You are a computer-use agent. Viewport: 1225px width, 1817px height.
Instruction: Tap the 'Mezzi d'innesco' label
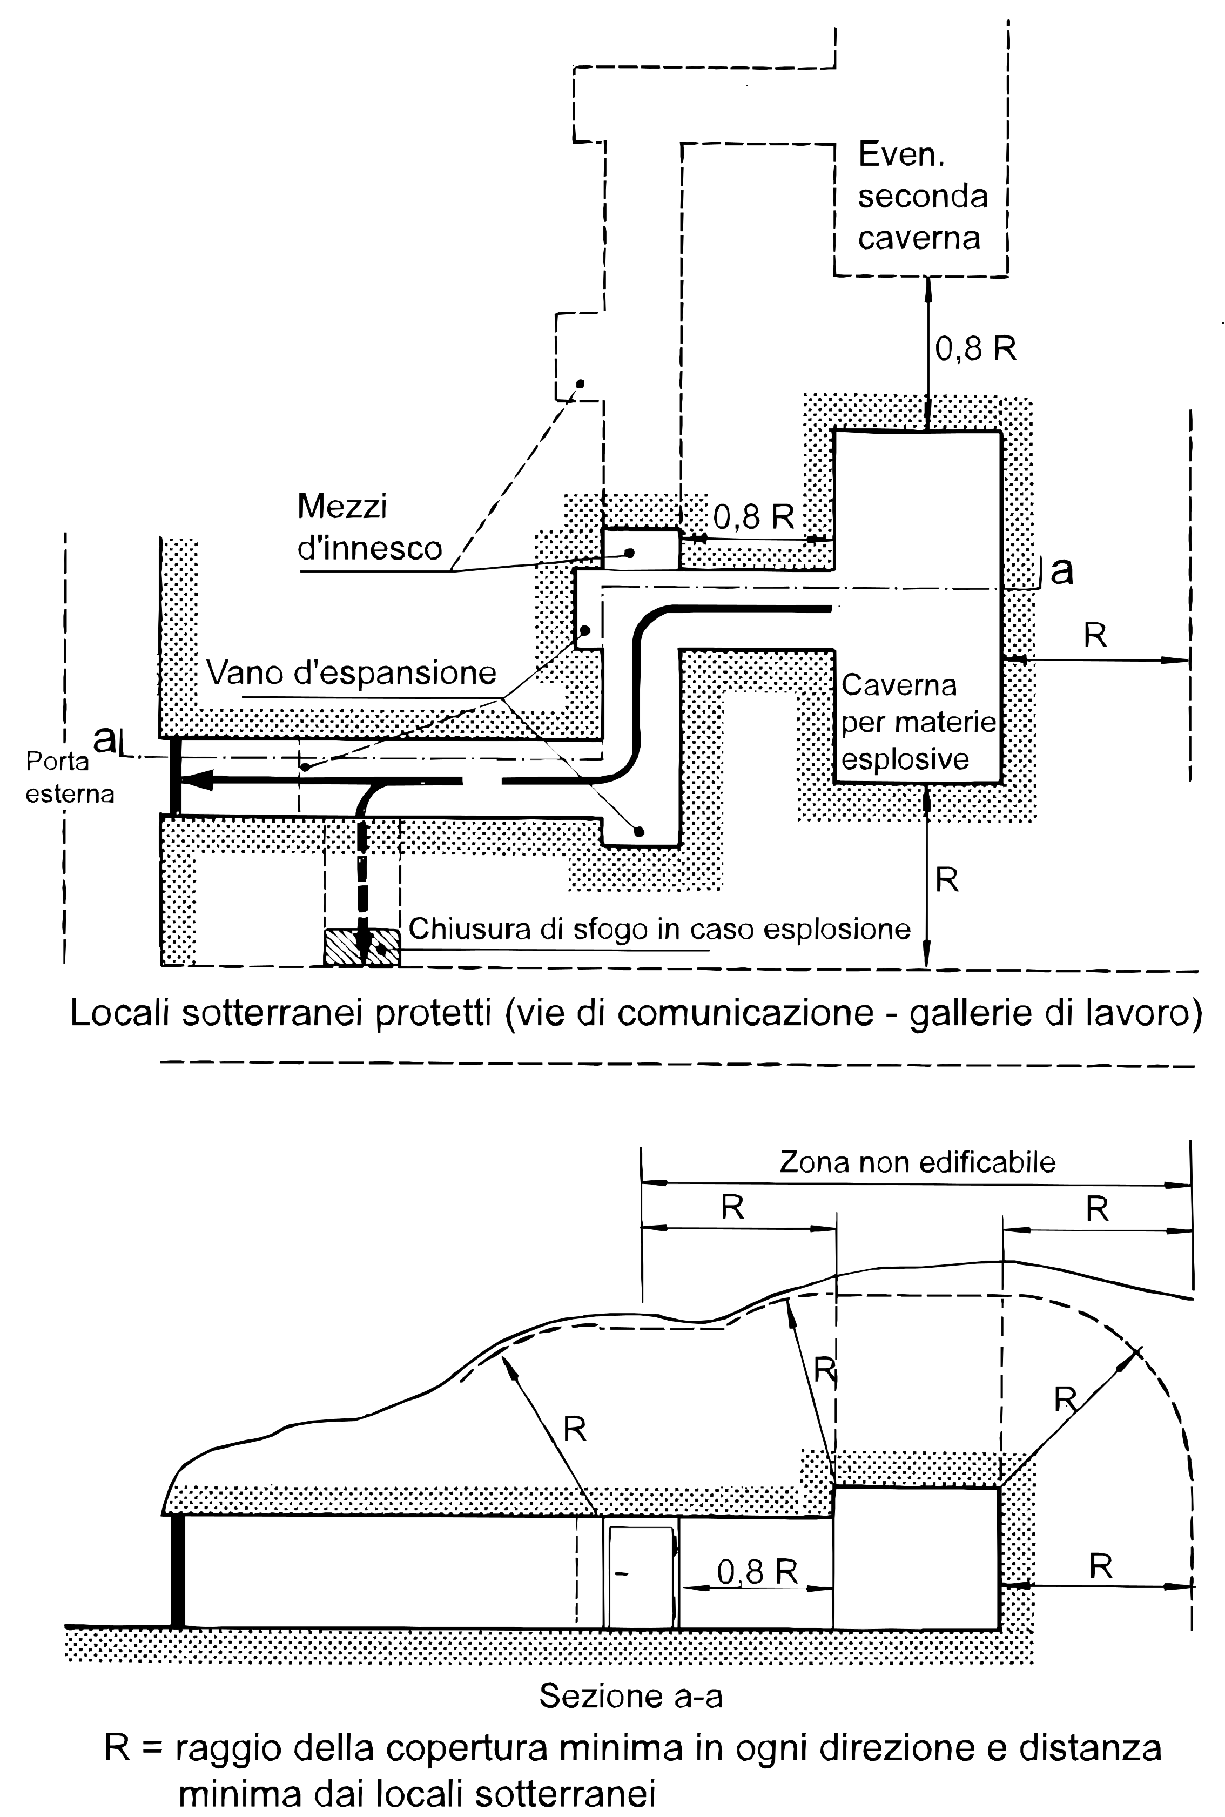(x=369, y=527)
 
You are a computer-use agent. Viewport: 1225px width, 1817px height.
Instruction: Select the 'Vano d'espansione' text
(x=352, y=672)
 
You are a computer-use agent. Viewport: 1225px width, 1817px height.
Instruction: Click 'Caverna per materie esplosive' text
(x=918, y=722)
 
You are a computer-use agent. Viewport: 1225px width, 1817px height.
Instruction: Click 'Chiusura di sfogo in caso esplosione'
(x=659, y=930)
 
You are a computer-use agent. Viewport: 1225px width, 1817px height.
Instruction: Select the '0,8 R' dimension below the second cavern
(x=976, y=348)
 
